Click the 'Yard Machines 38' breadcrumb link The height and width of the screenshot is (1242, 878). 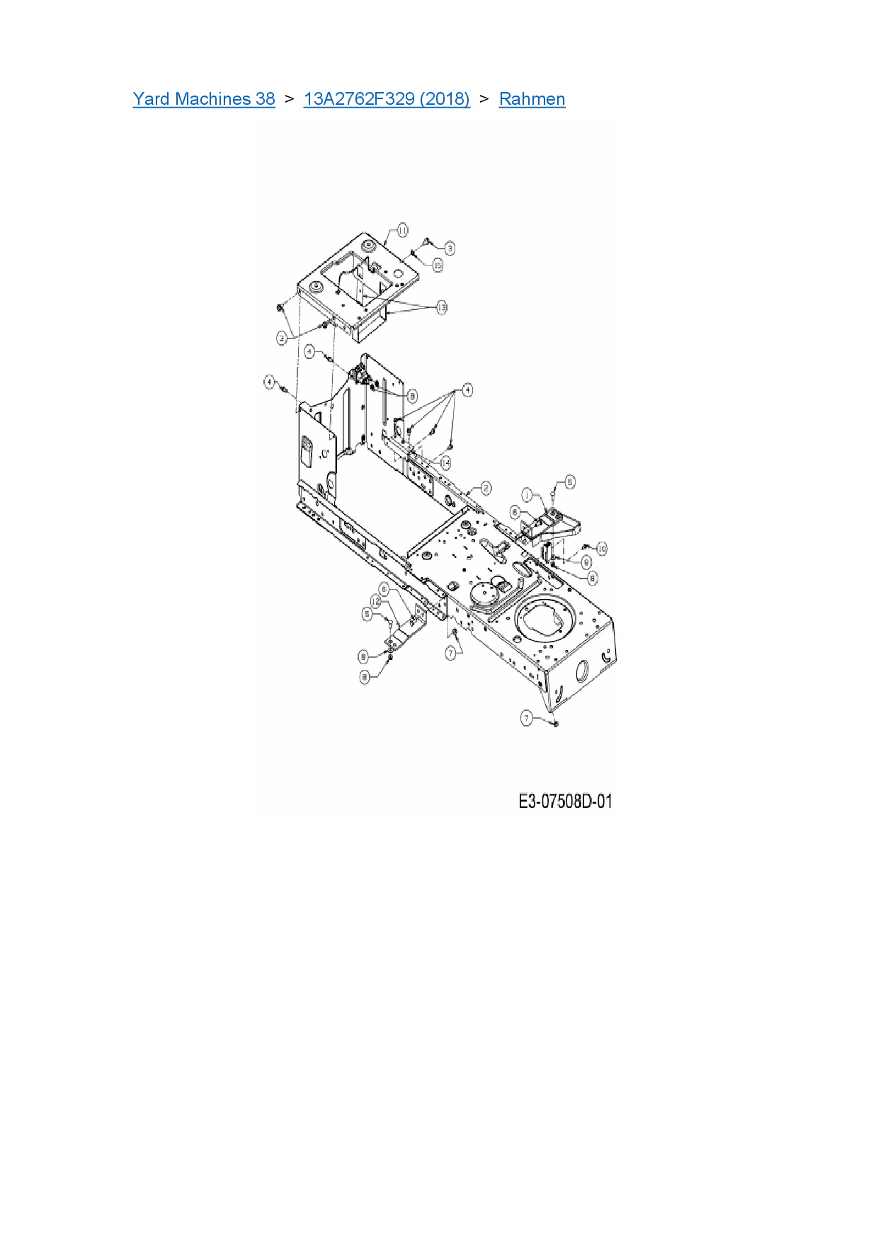(x=204, y=99)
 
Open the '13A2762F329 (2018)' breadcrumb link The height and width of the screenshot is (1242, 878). (x=387, y=99)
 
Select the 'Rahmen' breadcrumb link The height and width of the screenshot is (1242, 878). (x=532, y=99)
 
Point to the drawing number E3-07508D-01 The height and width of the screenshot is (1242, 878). (x=565, y=802)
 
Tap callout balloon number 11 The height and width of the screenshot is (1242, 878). (x=402, y=230)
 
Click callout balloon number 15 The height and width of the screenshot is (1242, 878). (x=438, y=265)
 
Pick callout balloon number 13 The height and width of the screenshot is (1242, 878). (x=442, y=307)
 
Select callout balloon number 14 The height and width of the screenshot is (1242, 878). (x=445, y=462)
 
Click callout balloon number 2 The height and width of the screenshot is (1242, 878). (x=486, y=488)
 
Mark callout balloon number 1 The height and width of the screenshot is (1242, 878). (x=527, y=494)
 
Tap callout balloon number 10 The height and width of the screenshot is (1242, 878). (x=602, y=549)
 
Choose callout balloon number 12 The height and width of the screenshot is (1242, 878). (x=376, y=601)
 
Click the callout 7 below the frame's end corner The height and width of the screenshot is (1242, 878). (x=526, y=718)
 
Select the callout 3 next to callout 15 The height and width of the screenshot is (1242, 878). (x=450, y=248)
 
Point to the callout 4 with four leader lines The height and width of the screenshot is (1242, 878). (x=467, y=390)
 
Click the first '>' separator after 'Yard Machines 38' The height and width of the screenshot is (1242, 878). (x=289, y=99)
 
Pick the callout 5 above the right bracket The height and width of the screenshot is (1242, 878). (x=570, y=482)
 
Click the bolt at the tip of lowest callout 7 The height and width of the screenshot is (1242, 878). (x=554, y=724)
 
